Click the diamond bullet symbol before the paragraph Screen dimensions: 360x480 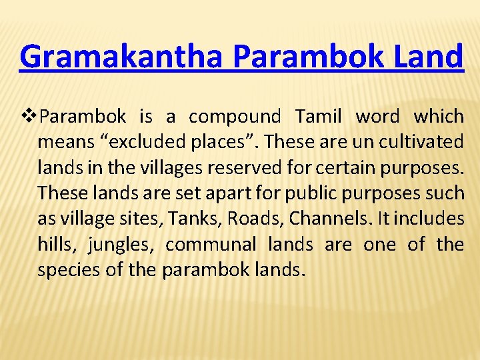pos(28,117)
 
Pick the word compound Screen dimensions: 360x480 pos(235,117)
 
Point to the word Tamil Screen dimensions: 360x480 pos(318,117)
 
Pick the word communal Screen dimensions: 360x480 pos(210,245)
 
